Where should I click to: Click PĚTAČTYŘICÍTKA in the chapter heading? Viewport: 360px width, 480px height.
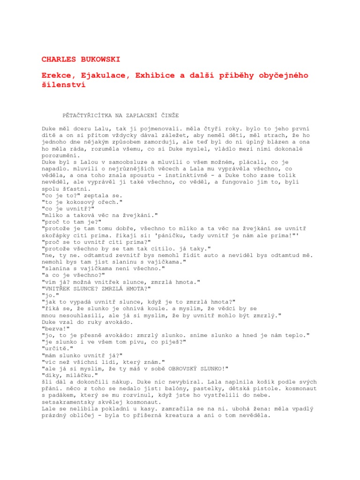89,115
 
